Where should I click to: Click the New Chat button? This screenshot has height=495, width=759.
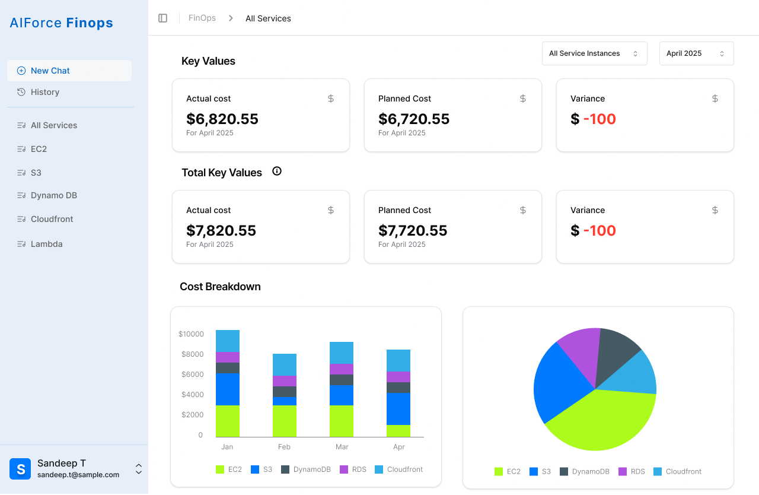click(x=69, y=71)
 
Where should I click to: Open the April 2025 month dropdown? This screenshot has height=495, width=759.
click(x=696, y=53)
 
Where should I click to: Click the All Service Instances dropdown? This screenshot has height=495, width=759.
click(x=594, y=53)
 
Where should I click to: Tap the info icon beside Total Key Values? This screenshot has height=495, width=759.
click(x=277, y=171)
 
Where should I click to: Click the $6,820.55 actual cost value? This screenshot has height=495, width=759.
click(x=222, y=119)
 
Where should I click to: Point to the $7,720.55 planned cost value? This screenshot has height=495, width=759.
click(x=413, y=230)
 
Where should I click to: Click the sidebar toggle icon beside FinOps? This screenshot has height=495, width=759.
click(x=162, y=18)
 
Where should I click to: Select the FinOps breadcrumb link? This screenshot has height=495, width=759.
click(x=202, y=18)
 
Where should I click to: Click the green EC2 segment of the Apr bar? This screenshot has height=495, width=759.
click(x=398, y=431)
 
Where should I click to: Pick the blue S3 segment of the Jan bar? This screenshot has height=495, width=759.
click(x=228, y=389)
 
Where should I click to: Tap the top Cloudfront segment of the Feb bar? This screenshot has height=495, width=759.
click(x=285, y=365)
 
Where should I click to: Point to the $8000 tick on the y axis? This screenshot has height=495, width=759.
click(x=193, y=354)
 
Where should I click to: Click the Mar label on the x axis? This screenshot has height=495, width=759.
click(x=342, y=447)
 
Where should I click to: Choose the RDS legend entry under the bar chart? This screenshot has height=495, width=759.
click(x=353, y=469)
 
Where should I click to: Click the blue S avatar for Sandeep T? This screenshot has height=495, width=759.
click(x=20, y=469)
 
